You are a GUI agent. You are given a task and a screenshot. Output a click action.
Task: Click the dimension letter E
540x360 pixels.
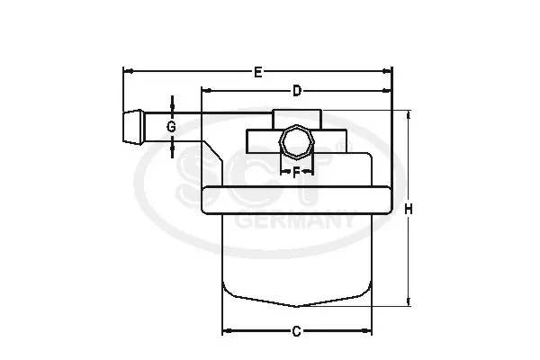(x=258, y=72)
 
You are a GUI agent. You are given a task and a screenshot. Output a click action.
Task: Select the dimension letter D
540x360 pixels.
(x=296, y=91)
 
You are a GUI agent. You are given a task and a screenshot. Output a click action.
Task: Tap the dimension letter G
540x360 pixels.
(x=171, y=127)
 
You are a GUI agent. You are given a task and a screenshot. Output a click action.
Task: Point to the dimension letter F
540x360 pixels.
(x=296, y=173)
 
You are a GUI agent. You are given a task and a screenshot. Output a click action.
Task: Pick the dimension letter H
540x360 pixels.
(x=408, y=209)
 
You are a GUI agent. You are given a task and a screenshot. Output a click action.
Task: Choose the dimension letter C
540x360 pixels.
(x=296, y=331)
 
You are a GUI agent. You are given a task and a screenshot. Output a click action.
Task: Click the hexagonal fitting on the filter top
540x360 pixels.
(x=296, y=142)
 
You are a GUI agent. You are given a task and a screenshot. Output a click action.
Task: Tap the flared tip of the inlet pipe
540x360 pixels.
(x=133, y=127)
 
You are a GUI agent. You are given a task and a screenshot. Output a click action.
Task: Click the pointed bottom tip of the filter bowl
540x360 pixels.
(x=296, y=306)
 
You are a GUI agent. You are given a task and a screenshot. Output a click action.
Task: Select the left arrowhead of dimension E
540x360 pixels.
(x=128, y=71)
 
